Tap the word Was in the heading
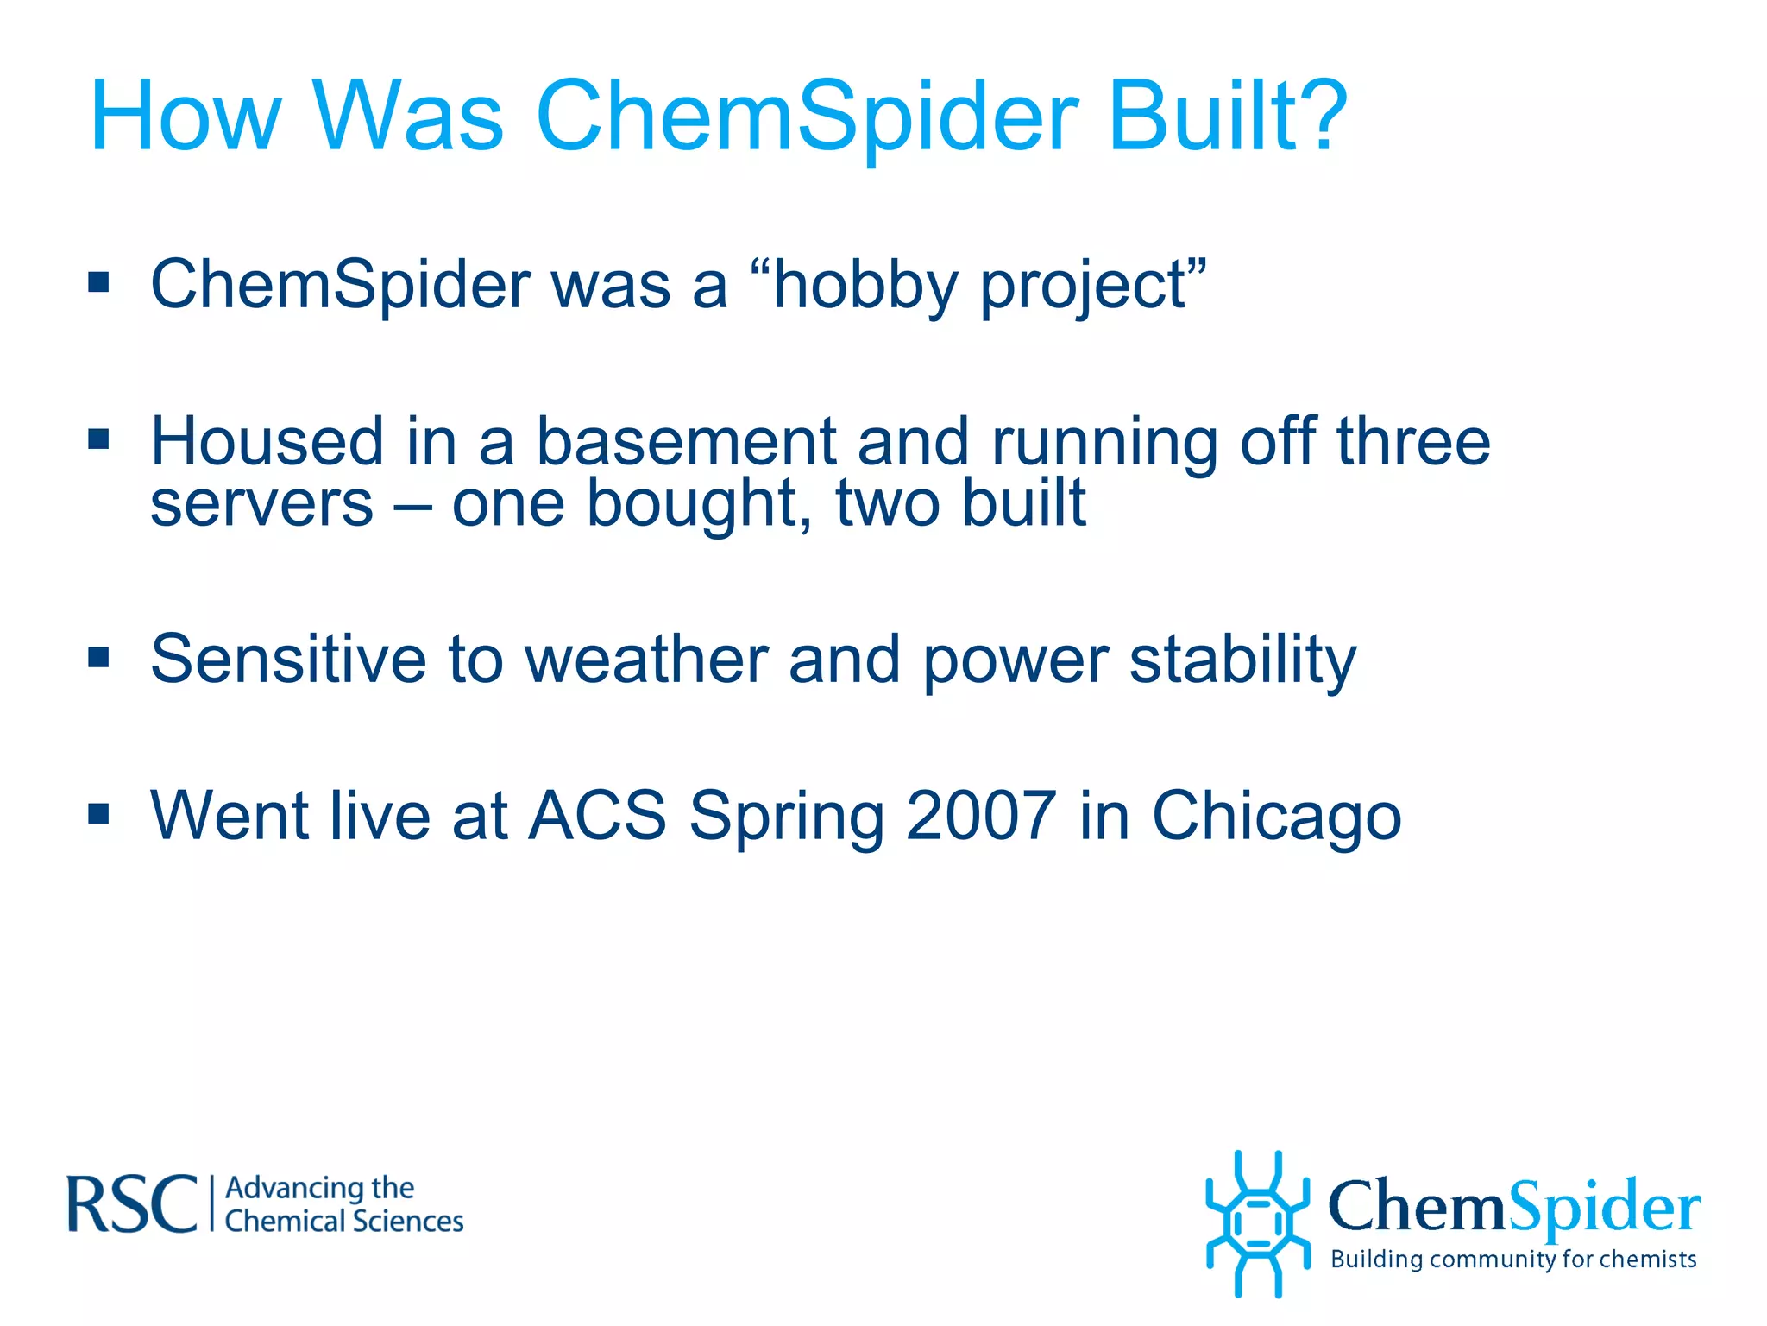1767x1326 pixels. point(407,117)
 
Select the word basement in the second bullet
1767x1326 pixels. point(686,442)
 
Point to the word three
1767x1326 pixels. point(1413,442)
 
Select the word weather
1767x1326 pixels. point(646,660)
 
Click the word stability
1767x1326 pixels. point(1242,660)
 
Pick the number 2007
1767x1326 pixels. point(981,816)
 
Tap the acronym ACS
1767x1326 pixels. point(597,816)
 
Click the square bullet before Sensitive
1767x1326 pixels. point(99,659)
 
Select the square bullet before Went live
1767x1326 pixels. point(99,814)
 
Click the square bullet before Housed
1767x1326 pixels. point(99,440)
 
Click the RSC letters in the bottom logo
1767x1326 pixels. point(131,1203)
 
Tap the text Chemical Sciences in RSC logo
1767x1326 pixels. point(343,1222)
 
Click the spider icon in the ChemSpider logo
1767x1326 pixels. point(1257,1223)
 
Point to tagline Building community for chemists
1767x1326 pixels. point(1513,1260)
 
